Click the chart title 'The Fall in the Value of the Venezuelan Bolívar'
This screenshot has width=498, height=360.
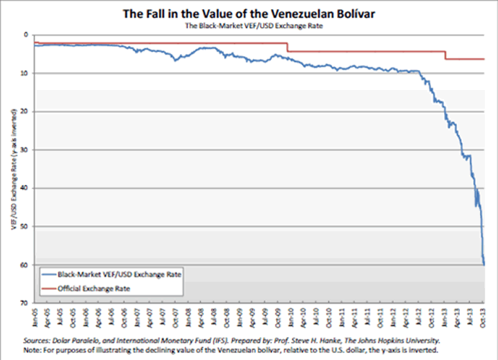249,13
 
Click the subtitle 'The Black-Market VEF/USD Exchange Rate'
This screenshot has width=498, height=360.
249,26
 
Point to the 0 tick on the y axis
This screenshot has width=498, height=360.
25,35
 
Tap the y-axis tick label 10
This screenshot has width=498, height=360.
24,73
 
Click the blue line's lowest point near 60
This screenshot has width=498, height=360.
483,264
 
